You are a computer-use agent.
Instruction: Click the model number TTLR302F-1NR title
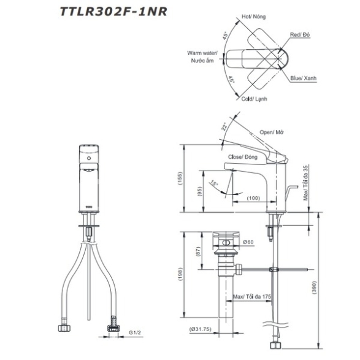tap(113, 12)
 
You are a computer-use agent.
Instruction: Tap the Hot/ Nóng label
tap(253, 17)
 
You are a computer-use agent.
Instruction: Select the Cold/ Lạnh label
tap(254, 99)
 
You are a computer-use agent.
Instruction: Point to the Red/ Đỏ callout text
tap(300, 35)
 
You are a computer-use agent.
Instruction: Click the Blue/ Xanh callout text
tap(304, 78)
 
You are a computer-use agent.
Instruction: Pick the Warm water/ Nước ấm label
tap(202, 56)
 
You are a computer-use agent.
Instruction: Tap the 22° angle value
tap(224, 126)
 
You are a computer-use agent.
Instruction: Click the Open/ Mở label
tap(272, 132)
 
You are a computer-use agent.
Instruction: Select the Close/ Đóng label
tap(243, 157)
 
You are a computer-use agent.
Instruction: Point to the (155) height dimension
tap(180, 178)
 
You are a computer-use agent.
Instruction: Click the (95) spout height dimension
tap(199, 191)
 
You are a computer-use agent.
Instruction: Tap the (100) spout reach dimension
tap(253, 198)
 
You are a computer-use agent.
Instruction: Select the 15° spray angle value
tap(214, 183)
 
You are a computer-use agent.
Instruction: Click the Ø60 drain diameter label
tap(248, 242)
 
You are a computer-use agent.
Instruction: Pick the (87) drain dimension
tap(198, 251)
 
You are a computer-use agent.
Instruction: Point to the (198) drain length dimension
tap(180, 275)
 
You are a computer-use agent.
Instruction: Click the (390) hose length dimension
tap(314, 287)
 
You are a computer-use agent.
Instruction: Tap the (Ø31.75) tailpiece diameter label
tap(200, 329)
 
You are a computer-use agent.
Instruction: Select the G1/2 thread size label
tap(135, 332)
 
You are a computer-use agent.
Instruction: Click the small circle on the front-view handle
tap(89, 158)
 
